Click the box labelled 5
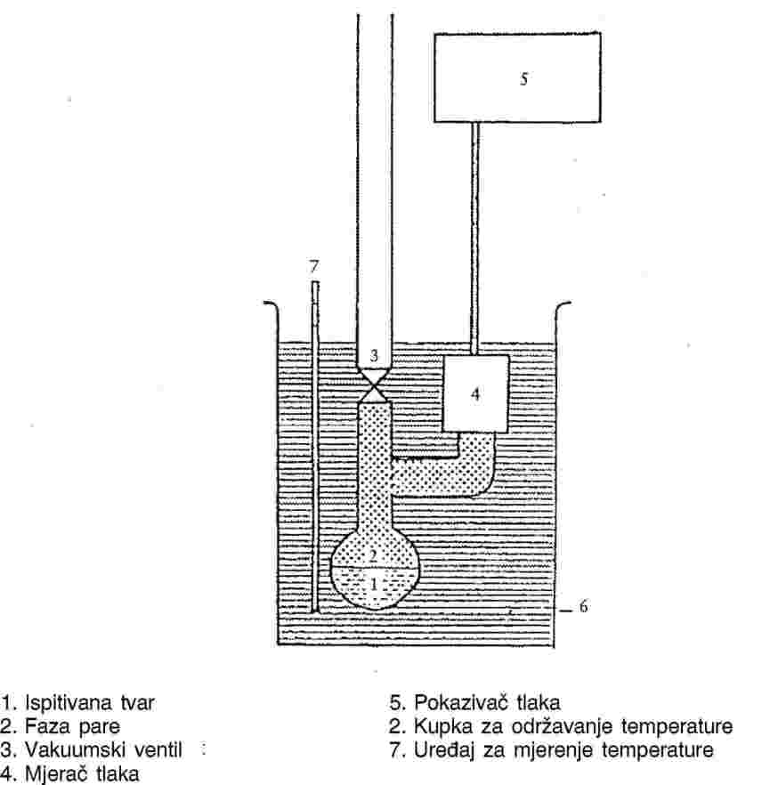coord(517,77)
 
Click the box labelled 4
coord(475,393)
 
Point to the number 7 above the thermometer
coord(314,267)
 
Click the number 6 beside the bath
coord(583,606)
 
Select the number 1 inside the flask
coord(373,584)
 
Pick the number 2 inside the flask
coord(372,555)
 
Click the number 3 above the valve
coord(374,355)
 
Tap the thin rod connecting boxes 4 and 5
coord(475,239)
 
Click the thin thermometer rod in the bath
coord(315,447)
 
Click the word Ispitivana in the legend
coord(69,703)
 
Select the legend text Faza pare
coord(73,726)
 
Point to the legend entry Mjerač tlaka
coord(82,773)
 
